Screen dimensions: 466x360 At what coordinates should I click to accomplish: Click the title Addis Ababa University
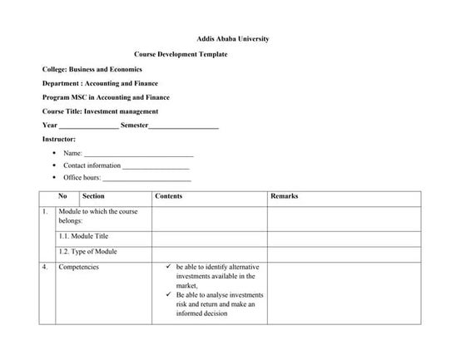tap(232, 38)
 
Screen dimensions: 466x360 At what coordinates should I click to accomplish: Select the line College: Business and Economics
tap(92, 69)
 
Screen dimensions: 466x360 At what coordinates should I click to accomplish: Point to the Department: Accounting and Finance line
tap(100, 83)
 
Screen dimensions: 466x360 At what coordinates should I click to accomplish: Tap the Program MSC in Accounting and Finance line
tap(106, 97)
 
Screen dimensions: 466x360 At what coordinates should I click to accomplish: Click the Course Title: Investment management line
tap(100, 111)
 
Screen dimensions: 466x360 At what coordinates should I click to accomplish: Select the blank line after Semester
tap(184, 126)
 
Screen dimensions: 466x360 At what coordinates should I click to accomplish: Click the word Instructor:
tap(59, 139)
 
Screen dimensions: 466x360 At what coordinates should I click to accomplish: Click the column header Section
tap(93, 196)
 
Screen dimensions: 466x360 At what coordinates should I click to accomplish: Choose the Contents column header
tap(169, 196)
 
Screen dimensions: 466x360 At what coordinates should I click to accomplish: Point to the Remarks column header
tap(285, 196)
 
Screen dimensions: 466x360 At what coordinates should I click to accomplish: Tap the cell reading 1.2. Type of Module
tap(87, 251)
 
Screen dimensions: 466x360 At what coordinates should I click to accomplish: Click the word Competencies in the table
tap(78, 267)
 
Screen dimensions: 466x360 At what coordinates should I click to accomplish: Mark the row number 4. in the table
tap(45, 267)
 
